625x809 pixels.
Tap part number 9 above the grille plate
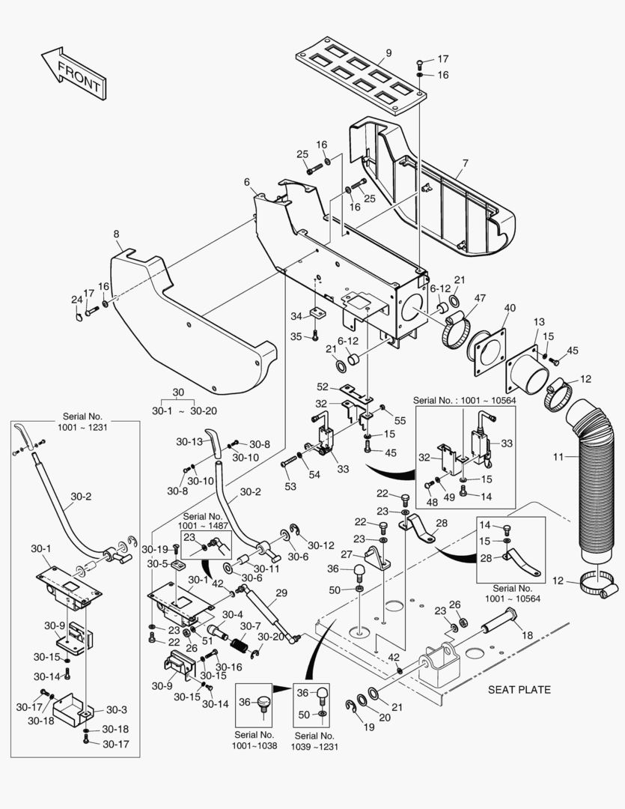point(388,53)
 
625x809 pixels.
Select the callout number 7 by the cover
point(465,163)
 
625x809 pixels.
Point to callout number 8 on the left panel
point(116,234)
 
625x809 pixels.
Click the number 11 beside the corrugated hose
point(558,456)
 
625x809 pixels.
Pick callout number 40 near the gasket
point(510,308)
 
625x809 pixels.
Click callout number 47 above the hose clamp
point(479,298)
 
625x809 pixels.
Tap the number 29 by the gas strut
point(281,593)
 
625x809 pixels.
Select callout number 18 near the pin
point(527,635)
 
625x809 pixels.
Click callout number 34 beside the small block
point(296,316)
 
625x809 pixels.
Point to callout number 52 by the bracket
point(323,387)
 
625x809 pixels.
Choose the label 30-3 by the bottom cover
point(115,710)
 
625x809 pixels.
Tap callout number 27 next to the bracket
point(346,555)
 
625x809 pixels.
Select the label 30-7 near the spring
point(251,626)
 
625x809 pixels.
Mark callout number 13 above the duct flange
point(539,322)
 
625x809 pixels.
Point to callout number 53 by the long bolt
point(290,487)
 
